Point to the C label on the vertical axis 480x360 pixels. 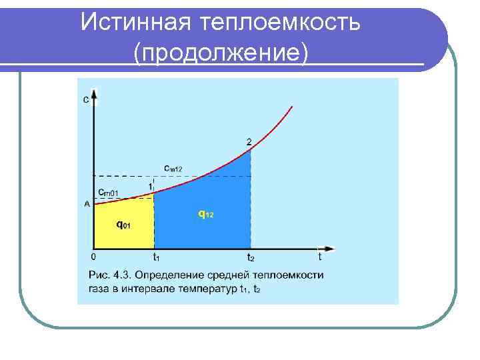86,101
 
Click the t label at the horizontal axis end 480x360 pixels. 320,256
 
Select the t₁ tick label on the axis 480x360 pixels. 155,257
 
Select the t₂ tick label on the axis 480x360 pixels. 251,257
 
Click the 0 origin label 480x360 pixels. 93,256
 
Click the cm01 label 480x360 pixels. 109,193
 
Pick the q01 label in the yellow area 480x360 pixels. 123,225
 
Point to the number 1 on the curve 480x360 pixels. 151,186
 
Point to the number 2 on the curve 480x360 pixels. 249,142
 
